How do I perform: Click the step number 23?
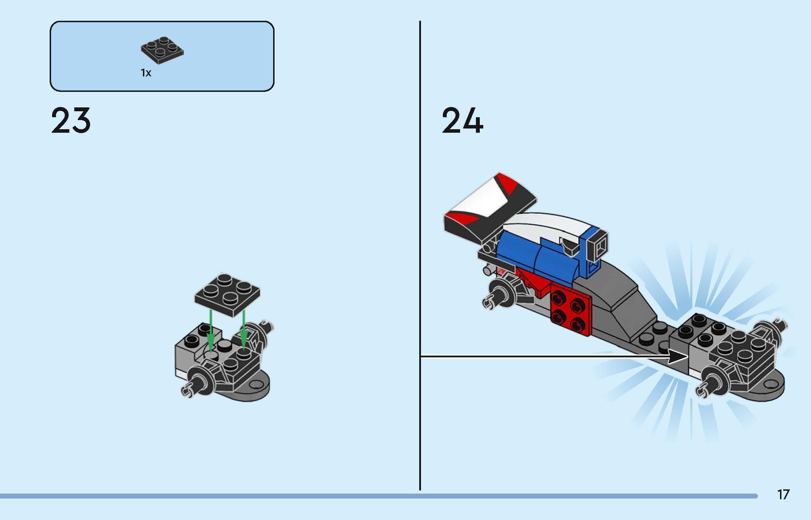tap(71, 121)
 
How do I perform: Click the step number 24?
tap(462, 121)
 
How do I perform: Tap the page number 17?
tap(784, 495)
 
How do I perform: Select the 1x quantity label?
tap(146, 73)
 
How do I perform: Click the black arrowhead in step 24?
tap(678, 356)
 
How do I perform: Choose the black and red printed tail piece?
tap(489, 208)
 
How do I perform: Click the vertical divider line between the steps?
tap(420, 246)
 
